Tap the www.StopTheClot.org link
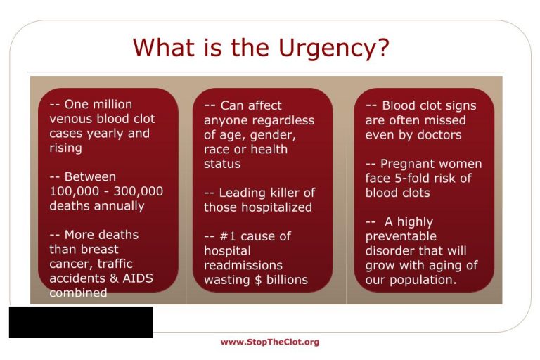[x=270, y=342]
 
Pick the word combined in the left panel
[x=78, y=292]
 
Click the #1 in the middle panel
[x=228, y=236]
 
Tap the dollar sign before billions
[x=258, y=280]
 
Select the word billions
[x=287, y=280]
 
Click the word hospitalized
[x=276, y=207]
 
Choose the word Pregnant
[x=401, y=165]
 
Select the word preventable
[x=401, y=237]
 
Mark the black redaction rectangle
[x=81, y=322]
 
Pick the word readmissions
[x=243, y=265]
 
